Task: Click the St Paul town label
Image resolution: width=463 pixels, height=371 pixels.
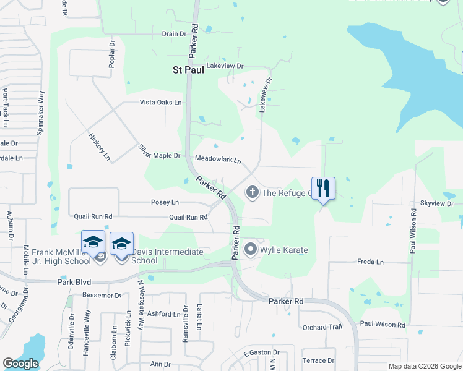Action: [x=188, y=70]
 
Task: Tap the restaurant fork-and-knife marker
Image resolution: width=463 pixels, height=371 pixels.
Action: [x=322, y=188]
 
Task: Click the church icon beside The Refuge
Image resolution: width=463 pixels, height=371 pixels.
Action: [x=252, y=192]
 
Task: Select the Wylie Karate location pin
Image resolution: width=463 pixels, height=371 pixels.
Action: [x=251, y=250]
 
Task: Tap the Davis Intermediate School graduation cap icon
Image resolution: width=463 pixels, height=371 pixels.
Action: [x=122, y=244]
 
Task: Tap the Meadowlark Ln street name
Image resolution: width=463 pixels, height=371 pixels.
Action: [x=218, y=160]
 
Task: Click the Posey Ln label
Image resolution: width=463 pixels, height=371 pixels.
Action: [x=165, y=202]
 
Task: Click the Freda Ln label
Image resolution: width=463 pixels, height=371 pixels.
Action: [x=370, y=262]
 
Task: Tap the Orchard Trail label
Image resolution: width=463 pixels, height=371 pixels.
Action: [x=322, y=327]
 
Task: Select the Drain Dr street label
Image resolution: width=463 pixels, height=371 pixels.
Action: [x=174, y=34]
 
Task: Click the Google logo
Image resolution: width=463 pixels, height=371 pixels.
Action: [x=20, y=364]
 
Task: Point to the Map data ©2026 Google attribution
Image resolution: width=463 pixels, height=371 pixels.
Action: [x=424, y=366]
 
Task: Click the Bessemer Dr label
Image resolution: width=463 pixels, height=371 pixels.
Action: [x=101, y=296]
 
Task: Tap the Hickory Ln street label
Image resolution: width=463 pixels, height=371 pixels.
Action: [x=99, y=147]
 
